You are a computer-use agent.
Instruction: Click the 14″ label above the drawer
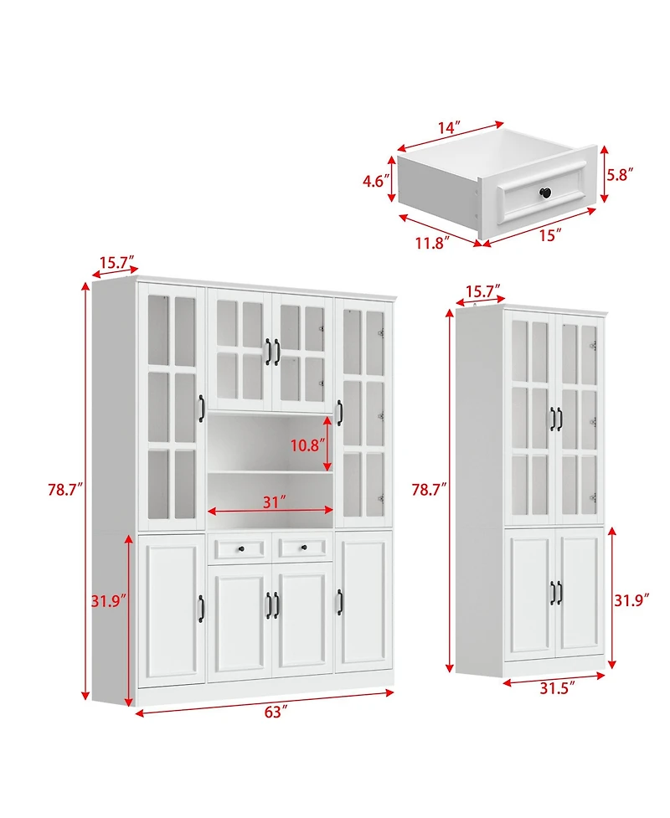(448, 127)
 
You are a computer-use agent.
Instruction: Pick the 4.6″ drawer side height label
(374, 179)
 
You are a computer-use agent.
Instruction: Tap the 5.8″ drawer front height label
(620, 174)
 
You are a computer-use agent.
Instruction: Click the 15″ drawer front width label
(549, 236)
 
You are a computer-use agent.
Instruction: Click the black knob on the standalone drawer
(544, 193)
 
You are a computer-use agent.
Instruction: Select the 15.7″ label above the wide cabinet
(118, 262)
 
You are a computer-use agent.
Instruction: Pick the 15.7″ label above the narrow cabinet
(482, 291)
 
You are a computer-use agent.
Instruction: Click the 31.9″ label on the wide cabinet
(109, 600)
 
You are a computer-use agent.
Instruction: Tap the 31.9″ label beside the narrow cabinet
(633, 600)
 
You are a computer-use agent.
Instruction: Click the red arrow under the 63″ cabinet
(264, 702)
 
